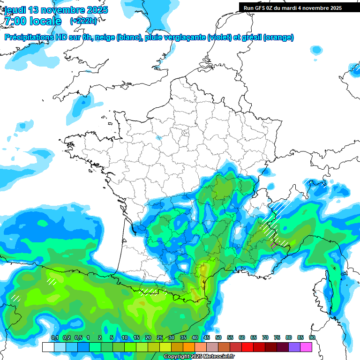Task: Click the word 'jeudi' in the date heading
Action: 15,10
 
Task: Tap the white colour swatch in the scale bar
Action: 48,347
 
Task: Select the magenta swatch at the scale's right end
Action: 307,347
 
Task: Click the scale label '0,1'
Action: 54,338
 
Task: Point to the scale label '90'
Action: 312,338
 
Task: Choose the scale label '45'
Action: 207,338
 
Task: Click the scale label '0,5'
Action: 78,338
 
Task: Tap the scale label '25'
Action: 160,338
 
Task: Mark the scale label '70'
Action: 265,338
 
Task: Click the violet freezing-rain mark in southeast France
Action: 274,244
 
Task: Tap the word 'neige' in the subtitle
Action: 105,37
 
